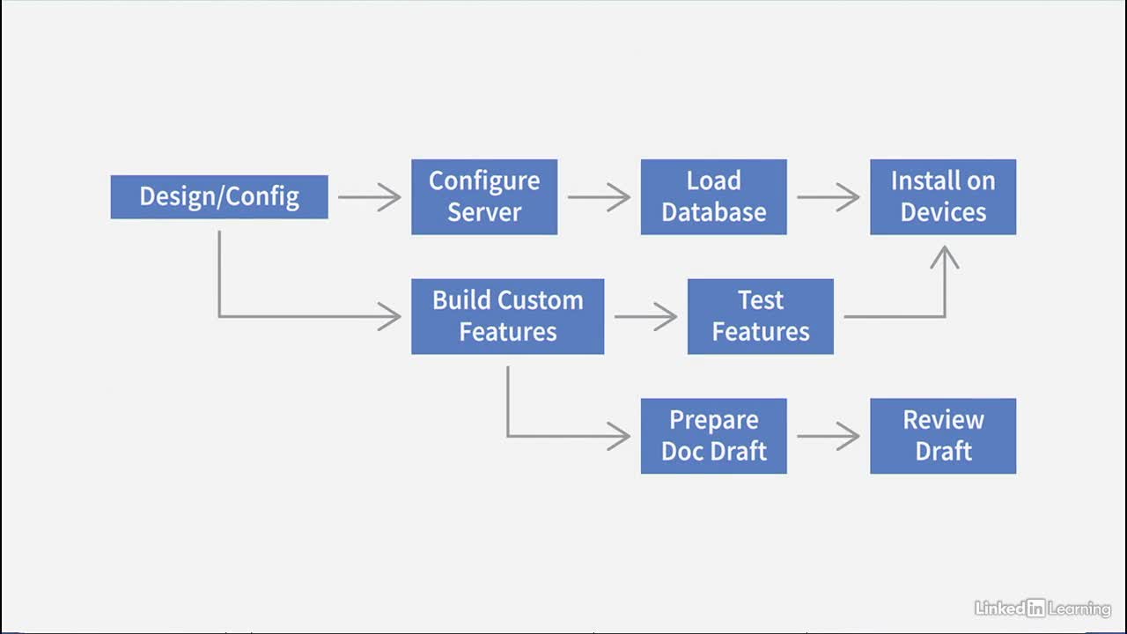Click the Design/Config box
click(219, 196)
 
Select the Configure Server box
click(484, 196)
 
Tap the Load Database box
click(713, 196)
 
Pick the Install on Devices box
click(943, 196)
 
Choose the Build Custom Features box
click(508, 316)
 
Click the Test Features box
click(760, 316)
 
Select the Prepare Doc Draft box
click(713, 436)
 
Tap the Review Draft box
click(943, 436)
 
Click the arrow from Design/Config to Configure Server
click(369, 196)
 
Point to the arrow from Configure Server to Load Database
click(599, 196)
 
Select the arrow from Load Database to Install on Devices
click(829, 196)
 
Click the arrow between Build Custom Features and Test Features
click(645, 316)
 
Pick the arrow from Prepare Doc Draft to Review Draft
click(829, 436)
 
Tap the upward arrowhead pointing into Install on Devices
click(945, 256)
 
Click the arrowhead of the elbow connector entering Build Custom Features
click(390, 316)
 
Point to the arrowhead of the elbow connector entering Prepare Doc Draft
click(619, 436)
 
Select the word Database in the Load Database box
click(714, 212)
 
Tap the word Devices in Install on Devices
click(943, 212)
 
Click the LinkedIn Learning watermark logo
click(1042, 608)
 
